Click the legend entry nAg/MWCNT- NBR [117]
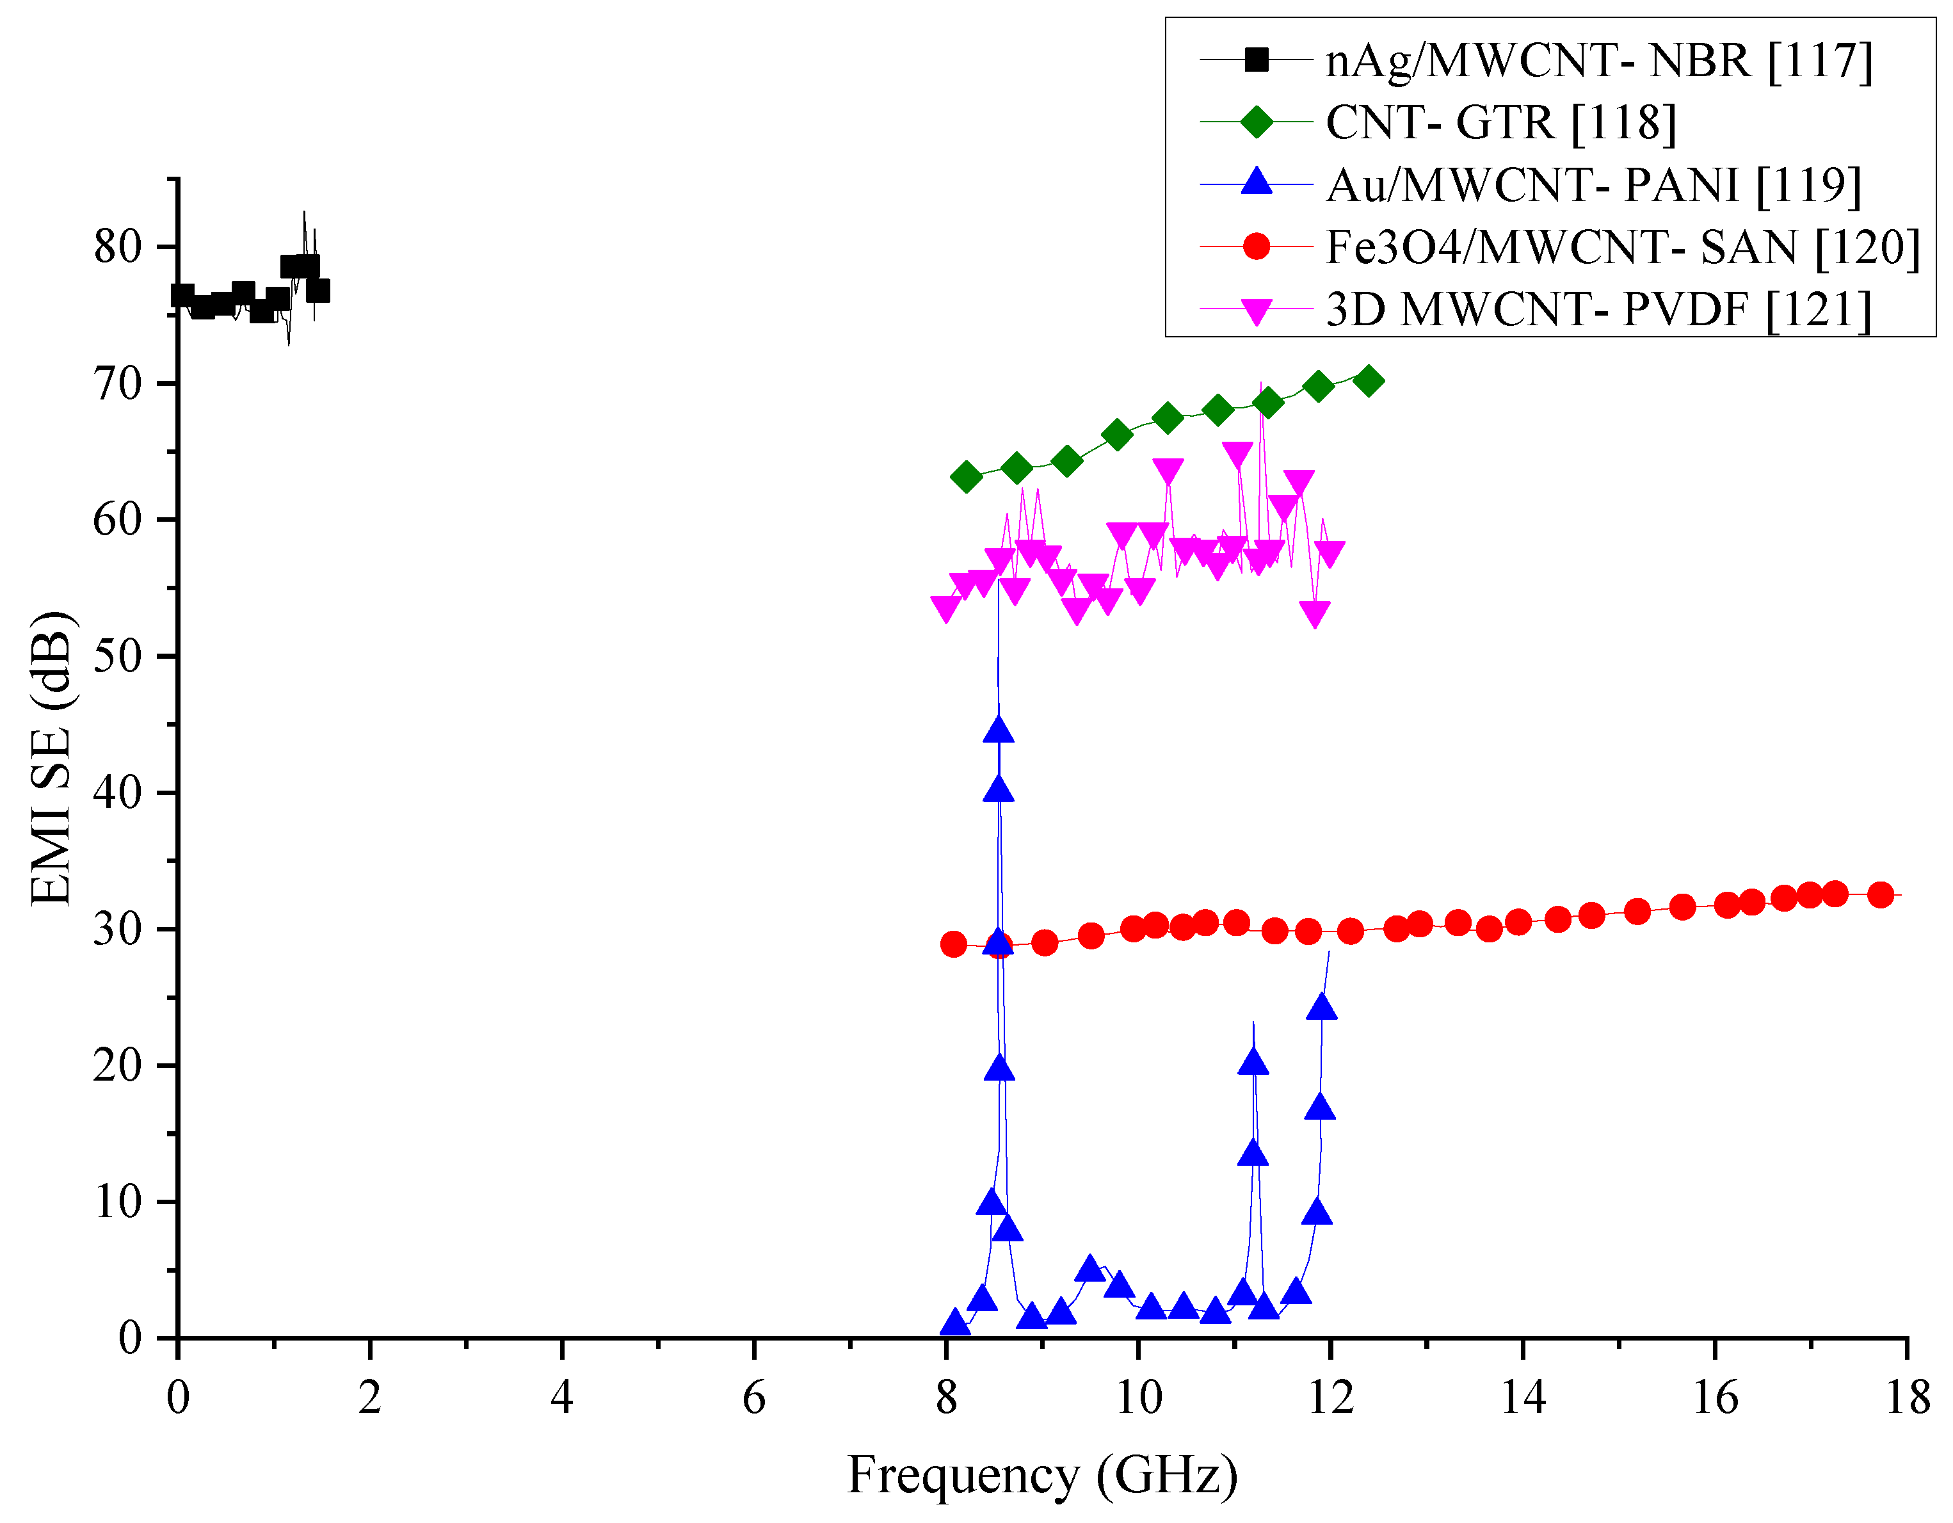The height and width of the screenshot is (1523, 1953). (x=1598, y=61)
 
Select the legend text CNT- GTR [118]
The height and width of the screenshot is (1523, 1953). (x=1500, y=122)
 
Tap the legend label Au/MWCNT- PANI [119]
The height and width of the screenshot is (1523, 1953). (x=1593, y=185)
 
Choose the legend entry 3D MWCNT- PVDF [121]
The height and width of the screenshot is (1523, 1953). (x=1598, y=309)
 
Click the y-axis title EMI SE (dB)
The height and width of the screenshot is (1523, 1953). (x=51, y=759)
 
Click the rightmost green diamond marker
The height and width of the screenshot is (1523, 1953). (x=1368, y=381)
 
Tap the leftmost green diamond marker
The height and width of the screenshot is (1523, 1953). (x=966, y=478)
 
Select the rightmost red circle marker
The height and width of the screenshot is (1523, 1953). (x=1881, y=895)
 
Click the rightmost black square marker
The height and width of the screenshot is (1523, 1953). (x=317, y=291)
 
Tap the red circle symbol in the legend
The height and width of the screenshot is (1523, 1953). (x=1257, y=247)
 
